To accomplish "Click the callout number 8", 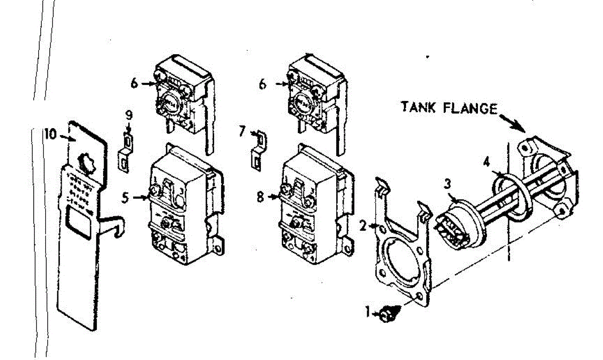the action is (260, 197).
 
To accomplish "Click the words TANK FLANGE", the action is (449, 107).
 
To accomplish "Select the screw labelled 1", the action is (386, 315).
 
